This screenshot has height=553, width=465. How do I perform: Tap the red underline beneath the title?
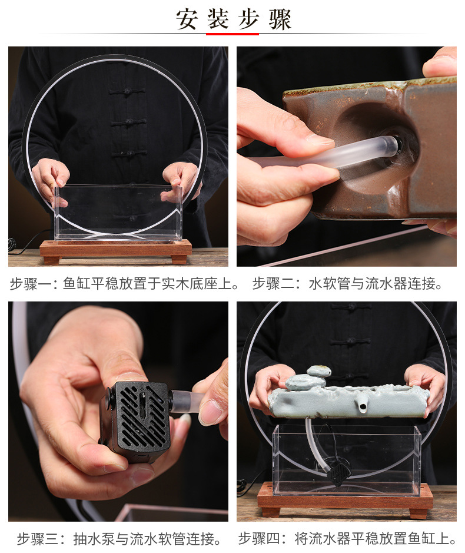(232, 34)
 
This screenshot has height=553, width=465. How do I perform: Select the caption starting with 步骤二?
(347, 284)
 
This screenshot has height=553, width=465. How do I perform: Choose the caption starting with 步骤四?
(347, 539)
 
